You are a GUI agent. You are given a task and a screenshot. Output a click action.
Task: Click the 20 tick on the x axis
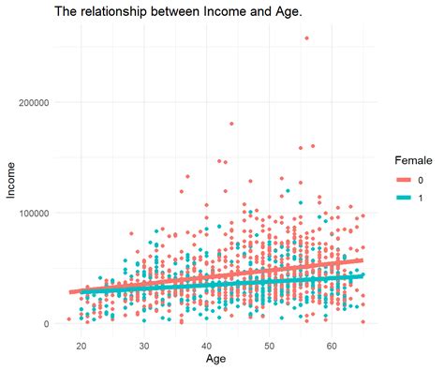81,344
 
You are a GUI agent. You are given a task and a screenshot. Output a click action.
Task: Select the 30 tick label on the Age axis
144,344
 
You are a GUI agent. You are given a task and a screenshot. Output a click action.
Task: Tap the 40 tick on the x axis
207,344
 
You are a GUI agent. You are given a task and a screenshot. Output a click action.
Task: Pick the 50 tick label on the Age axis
270,344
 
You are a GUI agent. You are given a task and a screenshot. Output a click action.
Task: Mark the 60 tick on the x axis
332,344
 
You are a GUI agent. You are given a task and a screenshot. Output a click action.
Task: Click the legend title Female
412,160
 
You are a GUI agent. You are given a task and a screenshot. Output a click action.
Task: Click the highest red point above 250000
306,38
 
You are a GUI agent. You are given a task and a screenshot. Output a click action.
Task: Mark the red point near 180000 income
231,124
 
